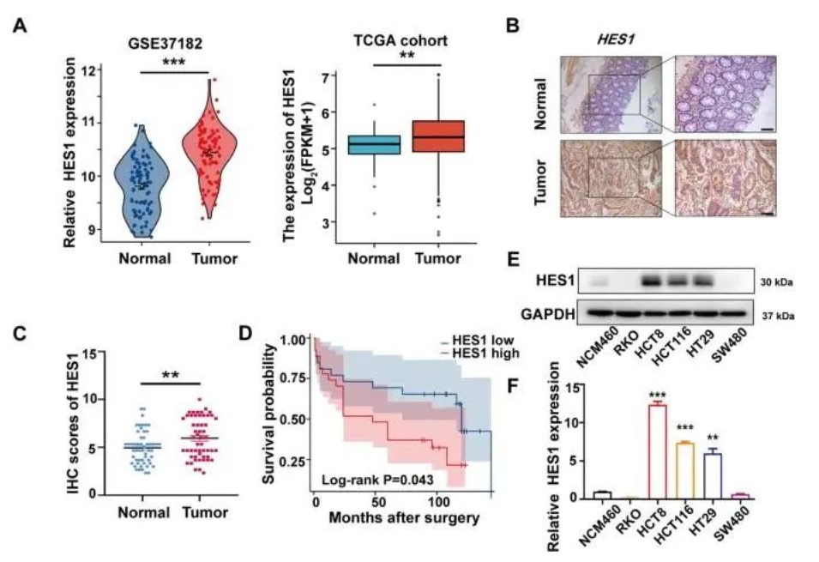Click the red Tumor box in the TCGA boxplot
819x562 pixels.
click(439, 136)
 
